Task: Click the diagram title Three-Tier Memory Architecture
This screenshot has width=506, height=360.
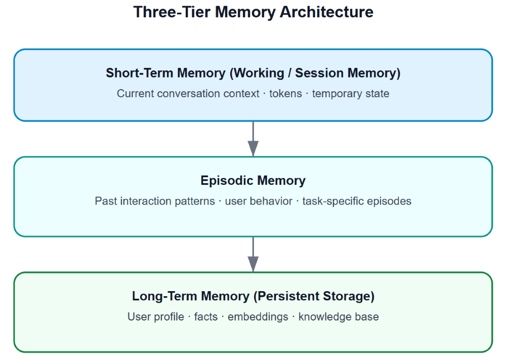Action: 253,12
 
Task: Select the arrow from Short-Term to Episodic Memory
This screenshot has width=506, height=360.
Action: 253,139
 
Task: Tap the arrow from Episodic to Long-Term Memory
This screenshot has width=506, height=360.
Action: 253,254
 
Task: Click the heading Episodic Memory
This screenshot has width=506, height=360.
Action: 253,181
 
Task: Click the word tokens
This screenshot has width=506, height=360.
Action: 285,94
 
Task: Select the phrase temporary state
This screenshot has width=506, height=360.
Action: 351,94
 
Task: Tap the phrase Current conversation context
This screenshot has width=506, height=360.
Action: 188,94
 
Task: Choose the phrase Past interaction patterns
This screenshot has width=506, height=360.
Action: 155,201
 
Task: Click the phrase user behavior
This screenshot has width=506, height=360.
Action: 259,201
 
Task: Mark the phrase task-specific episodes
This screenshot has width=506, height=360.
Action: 357,201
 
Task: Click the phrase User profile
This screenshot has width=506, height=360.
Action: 156,317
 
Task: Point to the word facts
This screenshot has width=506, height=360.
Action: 206,317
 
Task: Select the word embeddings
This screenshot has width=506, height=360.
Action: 258,317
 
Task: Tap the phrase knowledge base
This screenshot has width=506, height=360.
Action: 339,317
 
